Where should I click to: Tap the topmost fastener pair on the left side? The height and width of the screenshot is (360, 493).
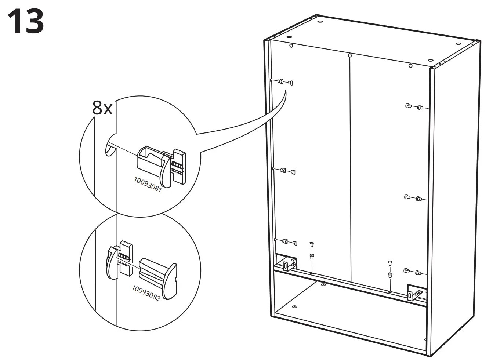click(x=285, y=82)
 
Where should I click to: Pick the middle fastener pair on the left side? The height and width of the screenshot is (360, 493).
click(x=287, y=171)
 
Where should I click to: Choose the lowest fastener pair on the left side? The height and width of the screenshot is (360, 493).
click(x=289, y=242)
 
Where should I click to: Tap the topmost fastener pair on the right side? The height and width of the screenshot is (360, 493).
click(x=414, y=107)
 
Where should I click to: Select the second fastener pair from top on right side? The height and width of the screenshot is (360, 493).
click(x=413, y=198)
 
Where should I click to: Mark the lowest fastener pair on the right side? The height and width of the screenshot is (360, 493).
click(x=412, y=272)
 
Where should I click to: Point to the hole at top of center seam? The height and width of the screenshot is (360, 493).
click(x=349, y=56)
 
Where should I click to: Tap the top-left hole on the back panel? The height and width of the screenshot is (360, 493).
click(x=291, y=46)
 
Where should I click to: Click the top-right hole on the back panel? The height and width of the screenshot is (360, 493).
click(x=410, y=66)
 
